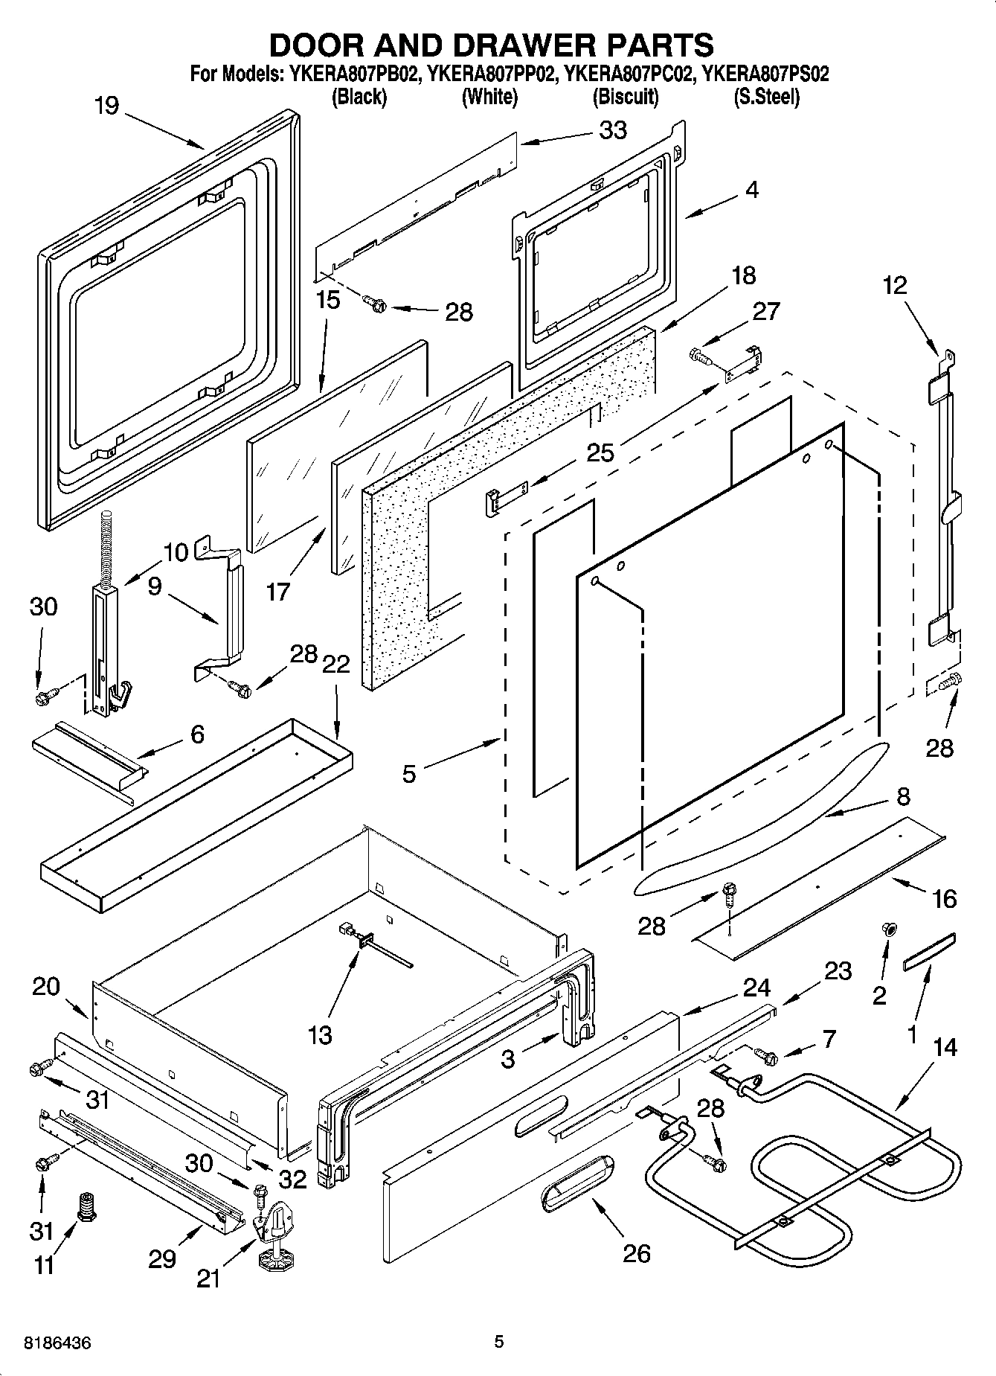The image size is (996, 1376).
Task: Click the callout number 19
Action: (x=106, y=106)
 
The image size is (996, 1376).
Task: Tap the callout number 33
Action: (x=614, y=130)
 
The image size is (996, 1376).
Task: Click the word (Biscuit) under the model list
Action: (x=625, y=96)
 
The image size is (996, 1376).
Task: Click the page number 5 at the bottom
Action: (x=499, y=1342)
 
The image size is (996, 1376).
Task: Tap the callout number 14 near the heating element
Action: (x=945, y=1046)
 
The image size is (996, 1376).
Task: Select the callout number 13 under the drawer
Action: (x=320, y=1034)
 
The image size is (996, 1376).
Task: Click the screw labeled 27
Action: (x=701, y=357)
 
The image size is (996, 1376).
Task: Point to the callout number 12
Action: (x=895, y=286)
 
